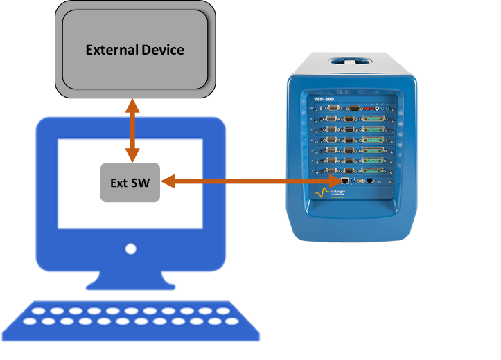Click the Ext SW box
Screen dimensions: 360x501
point(130,183)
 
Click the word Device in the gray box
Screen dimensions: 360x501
point(161,50)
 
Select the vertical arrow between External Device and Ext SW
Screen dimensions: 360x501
point(131,132)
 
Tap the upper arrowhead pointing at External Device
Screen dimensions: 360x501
point(131,105)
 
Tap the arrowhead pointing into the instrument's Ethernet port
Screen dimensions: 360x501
point(339,182)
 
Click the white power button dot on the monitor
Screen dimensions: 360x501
point(130,249)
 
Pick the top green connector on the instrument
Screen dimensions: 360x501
point(371,118)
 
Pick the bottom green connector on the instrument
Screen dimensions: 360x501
point(371,170)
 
